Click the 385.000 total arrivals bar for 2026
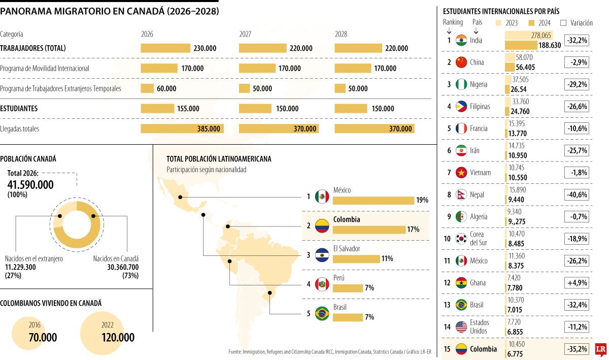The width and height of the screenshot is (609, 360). tap(181, 129)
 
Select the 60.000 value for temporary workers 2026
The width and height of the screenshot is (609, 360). tap(166, 88)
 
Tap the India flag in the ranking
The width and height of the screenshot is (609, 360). tap(461, 40)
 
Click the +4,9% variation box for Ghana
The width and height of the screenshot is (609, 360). tap(577, 283)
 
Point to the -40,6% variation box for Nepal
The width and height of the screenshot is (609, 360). tap(577, 194)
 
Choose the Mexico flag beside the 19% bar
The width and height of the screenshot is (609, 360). tap(322, 197)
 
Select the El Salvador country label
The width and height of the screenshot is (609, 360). tap(347, 249)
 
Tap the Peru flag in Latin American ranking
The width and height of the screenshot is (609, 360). tap(322, 284)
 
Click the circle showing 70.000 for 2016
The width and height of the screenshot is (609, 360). tap(35, 333)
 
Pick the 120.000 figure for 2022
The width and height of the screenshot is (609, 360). tap(118, 338)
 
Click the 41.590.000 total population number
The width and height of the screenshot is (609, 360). tap(30, 185)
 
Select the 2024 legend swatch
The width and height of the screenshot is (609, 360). tap(532, 22)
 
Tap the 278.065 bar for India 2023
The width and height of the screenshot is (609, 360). tap(528, 35)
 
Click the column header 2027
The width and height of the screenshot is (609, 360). tap(246, 34)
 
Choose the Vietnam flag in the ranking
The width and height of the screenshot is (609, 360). tap(461, 173)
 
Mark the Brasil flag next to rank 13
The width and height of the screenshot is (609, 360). tap(461, 305)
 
